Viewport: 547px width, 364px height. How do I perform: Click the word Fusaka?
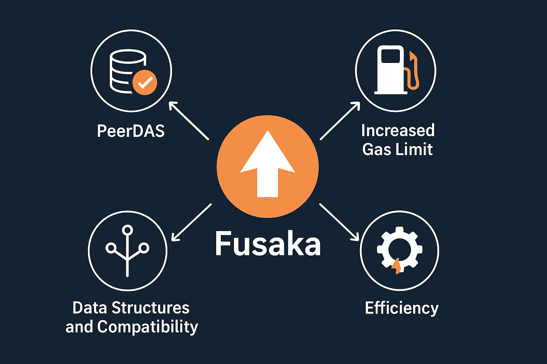(x=268, y=244)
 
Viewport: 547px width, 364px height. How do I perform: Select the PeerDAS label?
(x=131, y=131)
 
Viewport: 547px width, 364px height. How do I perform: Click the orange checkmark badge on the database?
(x=145, y=82)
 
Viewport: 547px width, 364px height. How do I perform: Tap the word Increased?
(x=398, y=130)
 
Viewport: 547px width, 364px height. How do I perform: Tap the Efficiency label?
(x=401, y=308)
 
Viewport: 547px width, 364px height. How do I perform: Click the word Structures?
(x=150, y=308)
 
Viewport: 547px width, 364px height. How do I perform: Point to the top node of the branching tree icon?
(x=127, y=230)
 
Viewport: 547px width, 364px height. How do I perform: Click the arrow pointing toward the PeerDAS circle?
(x=188, y=121)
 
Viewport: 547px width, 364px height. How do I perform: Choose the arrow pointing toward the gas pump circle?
(x=340, y=121)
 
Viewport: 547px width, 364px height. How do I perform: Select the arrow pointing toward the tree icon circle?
(x=191, y=222)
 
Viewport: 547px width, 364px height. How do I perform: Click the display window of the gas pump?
(x=391, y=56)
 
